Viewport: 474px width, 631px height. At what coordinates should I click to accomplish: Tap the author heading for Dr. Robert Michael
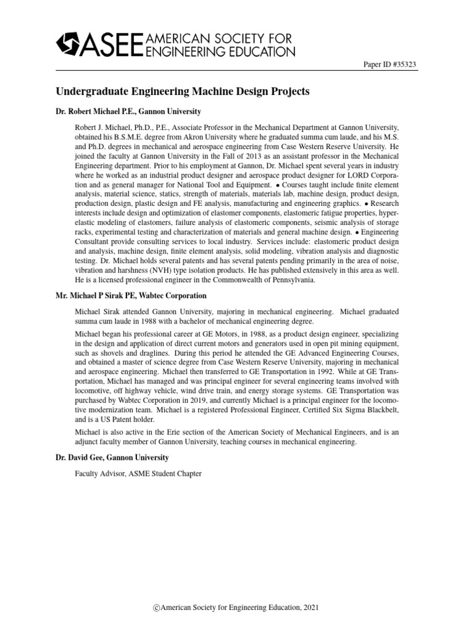[128, 112]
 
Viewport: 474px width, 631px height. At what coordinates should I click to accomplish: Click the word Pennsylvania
[289, 280]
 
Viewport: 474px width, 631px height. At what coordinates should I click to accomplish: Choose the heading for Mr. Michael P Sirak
[131, 296]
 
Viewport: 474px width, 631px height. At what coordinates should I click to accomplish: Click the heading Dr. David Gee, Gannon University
[112, 458]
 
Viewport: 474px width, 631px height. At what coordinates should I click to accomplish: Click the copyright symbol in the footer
[157, 608]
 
